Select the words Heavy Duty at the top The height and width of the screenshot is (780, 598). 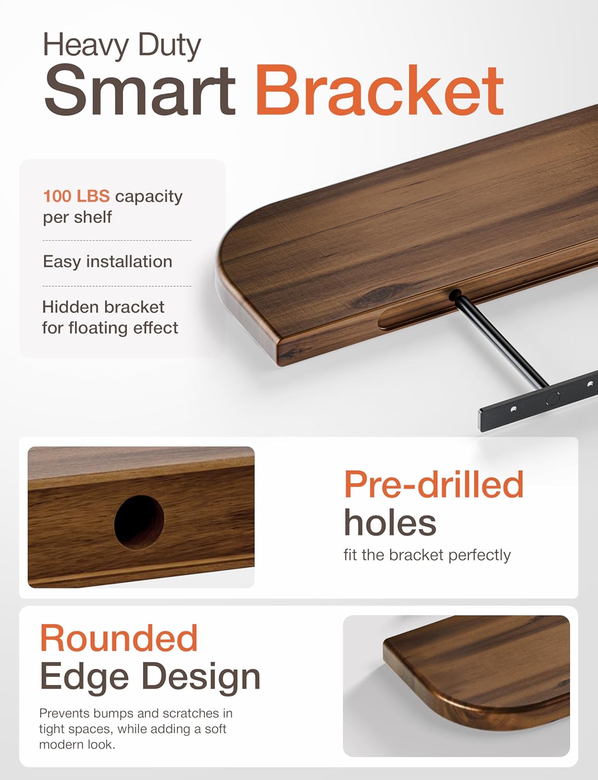[x=122, y=45]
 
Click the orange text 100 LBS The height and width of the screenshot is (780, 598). [x=76, y=196]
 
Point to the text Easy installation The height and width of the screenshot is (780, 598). [x=107, y=261]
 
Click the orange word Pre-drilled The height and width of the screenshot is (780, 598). [x=434, y=484]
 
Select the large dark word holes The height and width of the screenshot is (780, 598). [x=390, y=523]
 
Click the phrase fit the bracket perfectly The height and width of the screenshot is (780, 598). [x=427, y=555]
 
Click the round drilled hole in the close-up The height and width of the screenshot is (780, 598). [x=139, y=522]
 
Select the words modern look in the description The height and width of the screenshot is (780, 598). [x=77, y=744]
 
